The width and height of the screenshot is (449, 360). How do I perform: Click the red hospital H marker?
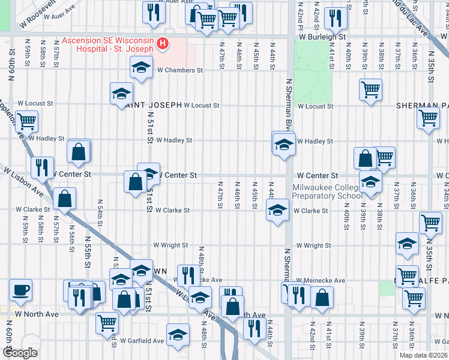click(161, 44)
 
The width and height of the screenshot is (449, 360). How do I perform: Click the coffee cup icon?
click(21, 290)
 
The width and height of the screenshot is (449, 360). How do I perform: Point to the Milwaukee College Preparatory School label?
click(328, 191)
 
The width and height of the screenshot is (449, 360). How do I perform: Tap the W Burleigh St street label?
click(324, 37)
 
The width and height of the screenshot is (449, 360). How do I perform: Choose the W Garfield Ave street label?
click(142, 341)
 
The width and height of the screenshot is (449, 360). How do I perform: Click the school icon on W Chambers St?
click(141, 67)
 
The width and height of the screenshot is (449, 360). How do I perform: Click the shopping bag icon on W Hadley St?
click(79, 151)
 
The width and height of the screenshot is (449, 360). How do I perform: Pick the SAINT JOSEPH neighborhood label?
click(153, 105)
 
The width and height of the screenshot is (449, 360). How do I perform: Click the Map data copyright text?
click(424, 355)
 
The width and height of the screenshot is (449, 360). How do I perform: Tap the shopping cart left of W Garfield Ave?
click(107, 322)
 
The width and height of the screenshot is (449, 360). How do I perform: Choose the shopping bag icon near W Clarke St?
click(64, 199)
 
